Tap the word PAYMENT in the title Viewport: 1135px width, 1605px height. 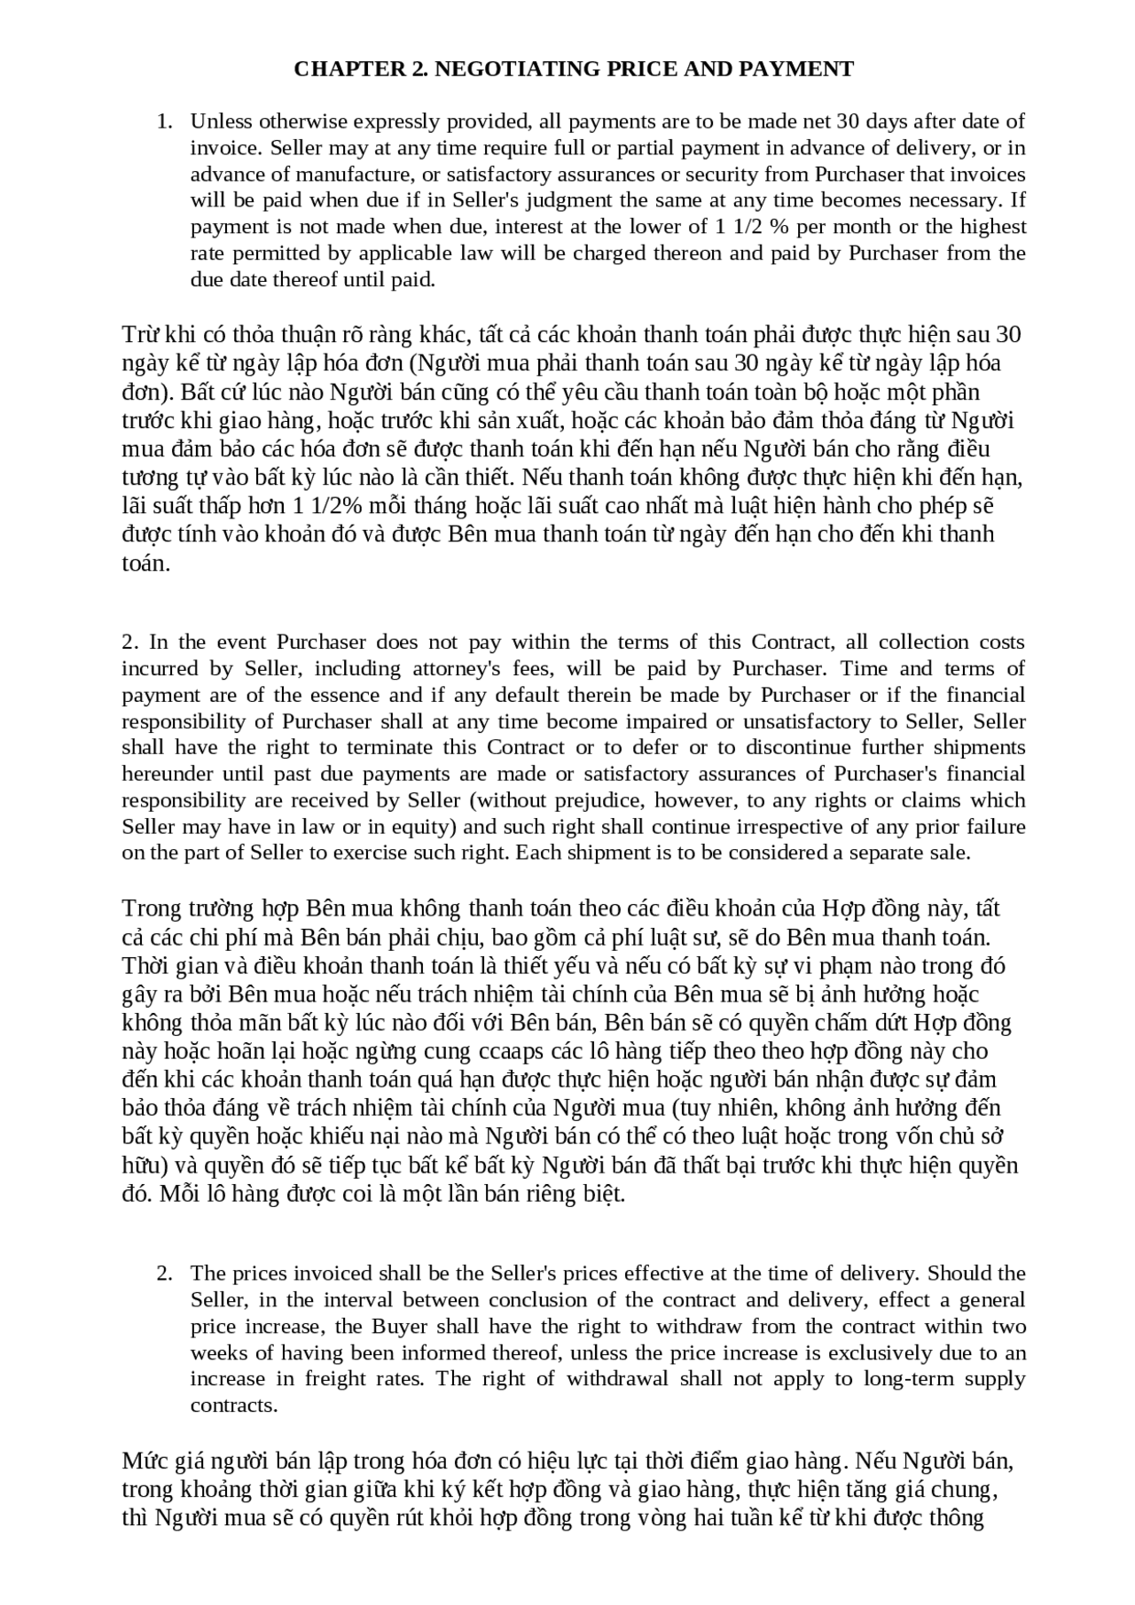coord(802,69)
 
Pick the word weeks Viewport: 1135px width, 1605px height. coord(219,1353)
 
